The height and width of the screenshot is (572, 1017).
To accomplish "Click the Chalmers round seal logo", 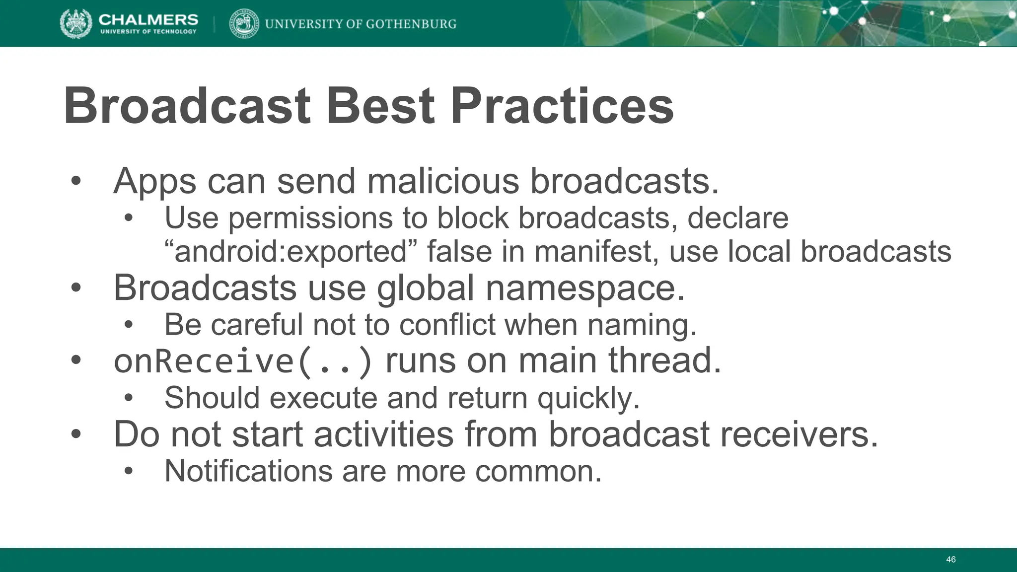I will pos(75,23).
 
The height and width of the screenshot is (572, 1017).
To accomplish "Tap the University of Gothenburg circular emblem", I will pos(244,23).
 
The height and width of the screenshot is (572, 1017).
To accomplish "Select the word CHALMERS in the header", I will pos(148,19).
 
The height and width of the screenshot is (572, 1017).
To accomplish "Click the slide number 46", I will pos(950,560).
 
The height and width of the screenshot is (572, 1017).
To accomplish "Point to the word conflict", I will pos(447,325).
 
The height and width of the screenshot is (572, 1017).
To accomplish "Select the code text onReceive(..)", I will pos(243,361).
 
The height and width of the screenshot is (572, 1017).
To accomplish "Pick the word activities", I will pos(383,434).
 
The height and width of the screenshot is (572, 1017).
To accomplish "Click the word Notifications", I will pos(248,471).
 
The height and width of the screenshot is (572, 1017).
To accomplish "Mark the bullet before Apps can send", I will pos(75,182).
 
